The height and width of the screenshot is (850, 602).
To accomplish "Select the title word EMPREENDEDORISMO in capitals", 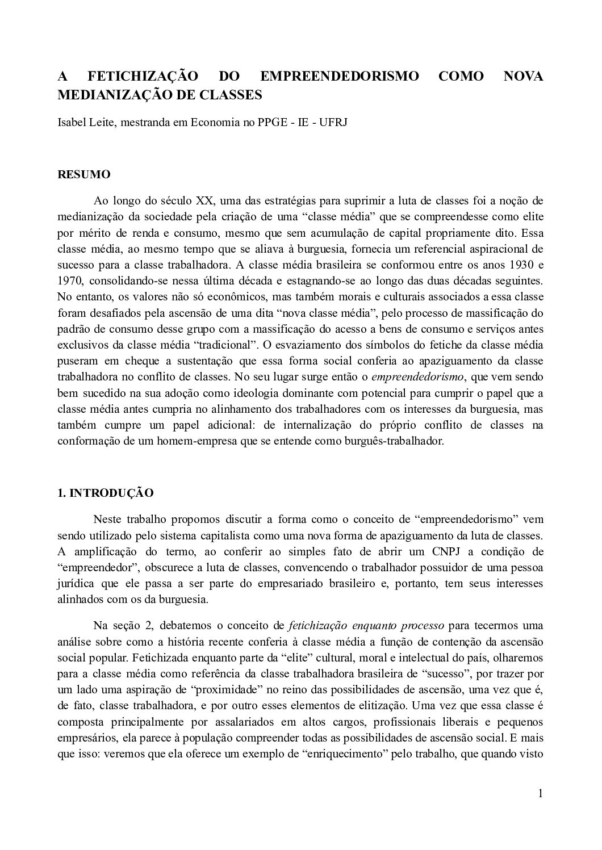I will [339, 76].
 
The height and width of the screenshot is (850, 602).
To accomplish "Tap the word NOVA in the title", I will [524, 76].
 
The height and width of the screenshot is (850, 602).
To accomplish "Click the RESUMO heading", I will [84, 174].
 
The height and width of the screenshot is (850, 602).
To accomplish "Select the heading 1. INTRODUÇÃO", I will [106, 493].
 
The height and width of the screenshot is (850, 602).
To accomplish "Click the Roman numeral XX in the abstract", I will [204, 200].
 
